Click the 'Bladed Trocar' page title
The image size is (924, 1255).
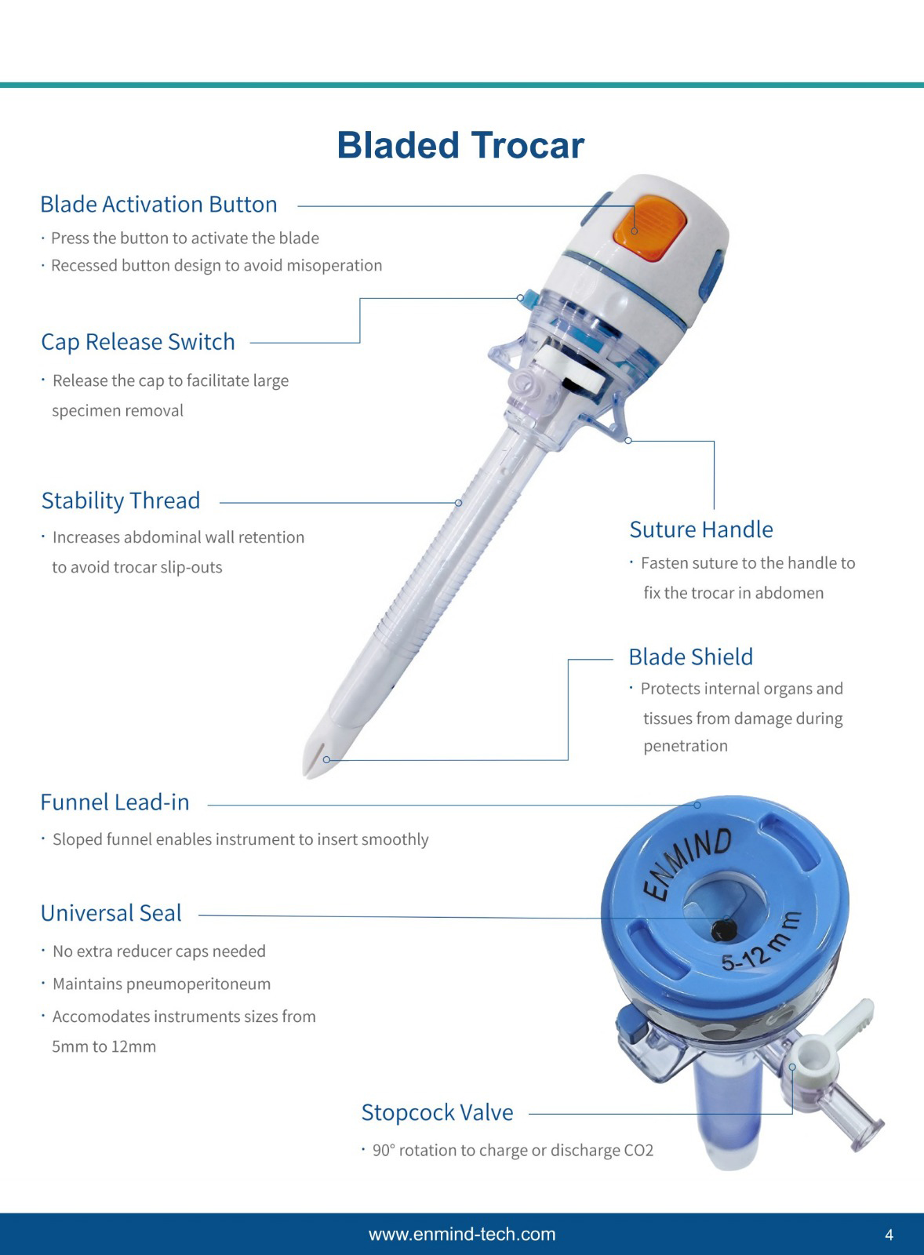pyautogui.click(x=460, y=145)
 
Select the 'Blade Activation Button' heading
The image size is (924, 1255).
pyautogui.click(x=158, y=205)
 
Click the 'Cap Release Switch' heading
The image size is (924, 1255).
pyautogui.click(x=138, y=342)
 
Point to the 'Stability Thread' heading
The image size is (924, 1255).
pyautogui.click(x=121, y=500)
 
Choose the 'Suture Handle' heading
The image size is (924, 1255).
pyautogui.click(x=701, y=529)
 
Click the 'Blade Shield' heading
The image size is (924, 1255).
pyautogui.click(x=690, y=657)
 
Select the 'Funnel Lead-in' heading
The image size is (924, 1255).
pyautogui.click(x=115, y=802)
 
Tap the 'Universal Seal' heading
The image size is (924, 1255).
pyautogui.click(x=111, y=913)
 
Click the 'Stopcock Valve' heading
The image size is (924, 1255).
pyautogui.click(x=437, y=1112)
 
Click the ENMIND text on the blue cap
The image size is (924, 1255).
pyautogui.click(x=687, y=864)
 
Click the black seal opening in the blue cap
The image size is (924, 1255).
pyautogui.click(x=722, y=930)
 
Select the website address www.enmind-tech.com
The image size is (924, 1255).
pyautogui.click(x=462, y=1234)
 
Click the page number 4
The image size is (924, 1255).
pyautogui.click(x=889, y=1235)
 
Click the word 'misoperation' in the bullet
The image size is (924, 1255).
pyautogui.click(x=334, y=266)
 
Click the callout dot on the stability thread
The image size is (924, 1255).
pyautogui.click(x=458, y=503)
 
